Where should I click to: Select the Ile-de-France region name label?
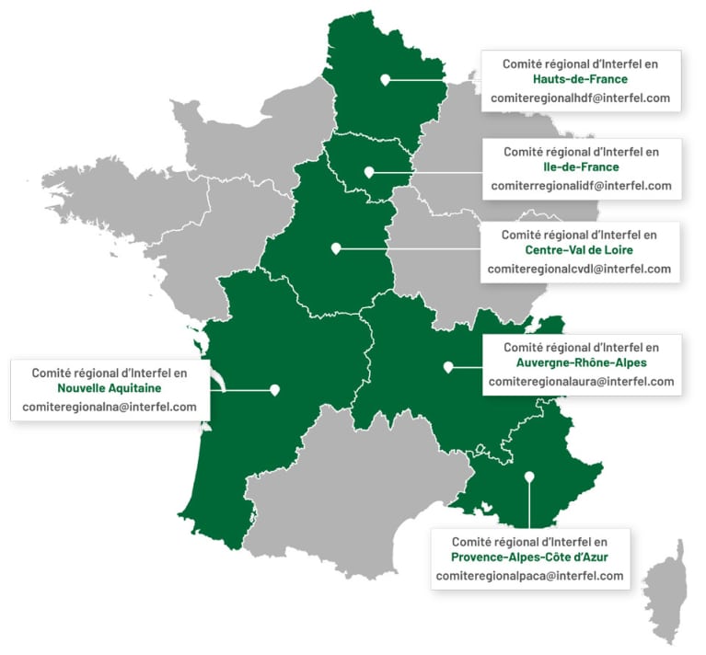click(x=581, y=167)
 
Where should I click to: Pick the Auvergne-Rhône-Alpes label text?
click(x=582, y=364)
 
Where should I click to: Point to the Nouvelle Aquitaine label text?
click(x=109, y=389)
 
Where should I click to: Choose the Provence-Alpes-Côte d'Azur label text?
click(x=529, y=557)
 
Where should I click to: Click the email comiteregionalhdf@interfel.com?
click(x=581, y=98)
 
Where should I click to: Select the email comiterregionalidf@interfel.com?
click(x=581, y=185)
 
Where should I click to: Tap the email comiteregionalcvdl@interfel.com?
click(x=579, y=269)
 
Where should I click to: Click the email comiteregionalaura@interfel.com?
click(x=582, y=382)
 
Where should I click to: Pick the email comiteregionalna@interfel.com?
click(x=109, y=407)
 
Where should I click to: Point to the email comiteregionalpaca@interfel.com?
click(x=529, y=576)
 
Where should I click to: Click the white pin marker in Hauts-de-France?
click(x=384, y=79)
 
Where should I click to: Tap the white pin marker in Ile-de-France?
click(x=368, y=171)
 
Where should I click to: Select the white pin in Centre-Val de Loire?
click(x=336, y=247)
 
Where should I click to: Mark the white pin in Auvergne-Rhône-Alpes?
click(x=448, y=366)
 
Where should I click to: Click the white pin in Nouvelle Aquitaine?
click(x=274, y=389)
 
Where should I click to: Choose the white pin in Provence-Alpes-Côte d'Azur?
click(x=529, y=477)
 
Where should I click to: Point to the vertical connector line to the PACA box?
click(x=529, y=506)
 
